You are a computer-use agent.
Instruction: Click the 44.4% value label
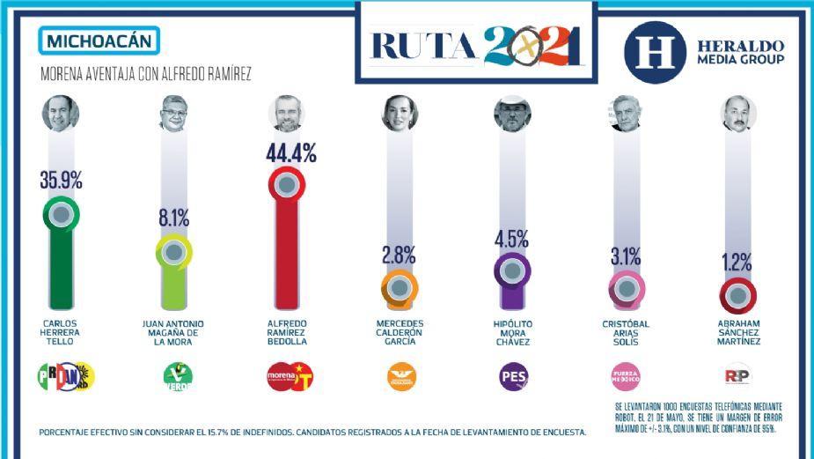click(x=290, y=152)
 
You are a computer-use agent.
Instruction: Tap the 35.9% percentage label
click(x=61, y=181)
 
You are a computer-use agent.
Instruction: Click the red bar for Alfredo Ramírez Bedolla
click(x=286, y=255)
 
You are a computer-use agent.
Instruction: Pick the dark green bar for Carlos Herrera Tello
click(x=61, y=264)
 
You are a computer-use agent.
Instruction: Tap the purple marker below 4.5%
click(x=512, y=270)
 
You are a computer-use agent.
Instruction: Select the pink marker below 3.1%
click(x=627, y=287)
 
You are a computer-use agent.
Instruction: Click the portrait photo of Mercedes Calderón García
click(x=399, y=113)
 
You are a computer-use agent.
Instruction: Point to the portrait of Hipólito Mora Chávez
click(x=512, y=113)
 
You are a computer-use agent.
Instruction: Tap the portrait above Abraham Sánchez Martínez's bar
click(x=738, y=113)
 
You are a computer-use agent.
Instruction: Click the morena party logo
click(x=290, y=377)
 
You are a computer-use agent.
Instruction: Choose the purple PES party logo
click(x=513, y=377)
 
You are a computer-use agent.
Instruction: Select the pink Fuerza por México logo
click(x=626, y=377)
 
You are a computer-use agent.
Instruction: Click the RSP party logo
click(x=737, y=377)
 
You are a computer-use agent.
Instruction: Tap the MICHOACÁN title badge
click(x=99, y=41)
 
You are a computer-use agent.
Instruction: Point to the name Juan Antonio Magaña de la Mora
click(x=173, y=332)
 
